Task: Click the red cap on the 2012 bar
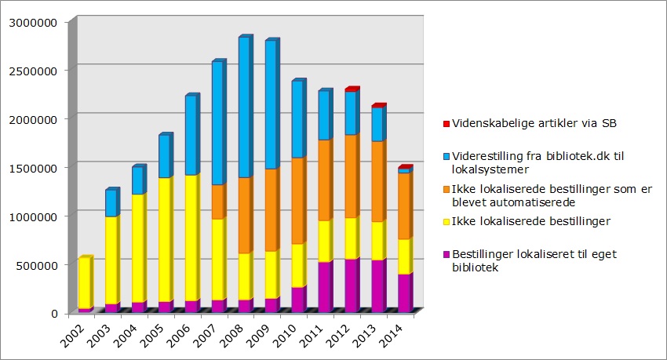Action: pos(352,89)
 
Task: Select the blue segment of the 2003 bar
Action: pos(111,203)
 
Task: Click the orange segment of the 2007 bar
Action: pos(217,202)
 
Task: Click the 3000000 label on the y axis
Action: pos(31,21)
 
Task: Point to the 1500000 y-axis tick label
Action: pos(31,167)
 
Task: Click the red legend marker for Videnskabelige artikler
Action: pos(445,123)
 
